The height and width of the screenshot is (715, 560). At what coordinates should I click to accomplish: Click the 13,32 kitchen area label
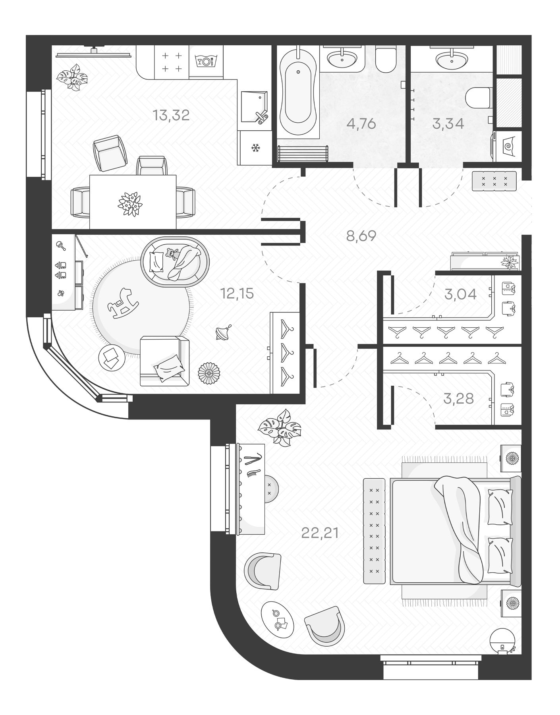point(171,116)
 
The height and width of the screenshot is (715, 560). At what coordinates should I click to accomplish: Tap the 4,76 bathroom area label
point(361,124)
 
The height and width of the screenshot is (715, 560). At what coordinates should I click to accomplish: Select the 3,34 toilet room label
point(448,124)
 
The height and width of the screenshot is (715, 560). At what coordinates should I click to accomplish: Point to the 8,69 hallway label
point(361,236)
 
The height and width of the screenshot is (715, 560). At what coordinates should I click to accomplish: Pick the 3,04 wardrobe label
point(460,294)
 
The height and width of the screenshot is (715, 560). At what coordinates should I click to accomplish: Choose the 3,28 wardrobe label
point(459,398)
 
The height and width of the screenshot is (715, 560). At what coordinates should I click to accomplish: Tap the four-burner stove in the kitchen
point(172,62)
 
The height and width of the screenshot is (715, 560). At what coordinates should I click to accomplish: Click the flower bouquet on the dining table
point(130,204)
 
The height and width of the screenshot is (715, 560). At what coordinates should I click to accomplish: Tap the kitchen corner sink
point(254,106)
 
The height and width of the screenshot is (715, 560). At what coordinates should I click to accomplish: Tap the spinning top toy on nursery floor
point(221,333)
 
